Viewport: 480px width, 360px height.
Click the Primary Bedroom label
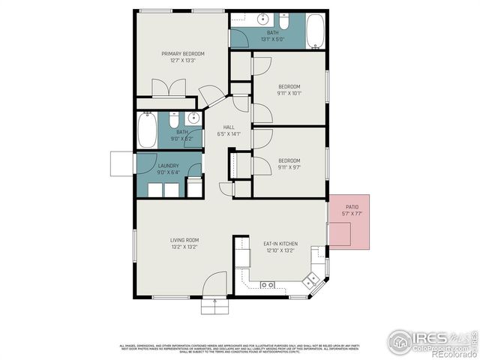pos(184,54)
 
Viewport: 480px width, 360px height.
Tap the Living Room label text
pos(184,241)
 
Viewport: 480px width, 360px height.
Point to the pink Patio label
pos(352,206)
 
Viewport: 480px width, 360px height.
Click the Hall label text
pos(229,127)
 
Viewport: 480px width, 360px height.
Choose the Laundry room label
pos(168,165)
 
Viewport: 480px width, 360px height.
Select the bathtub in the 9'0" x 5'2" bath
pos(147,130)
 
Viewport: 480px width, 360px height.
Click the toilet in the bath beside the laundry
pos(173,120)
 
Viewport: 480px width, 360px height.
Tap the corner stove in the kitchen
pos(310,281)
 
